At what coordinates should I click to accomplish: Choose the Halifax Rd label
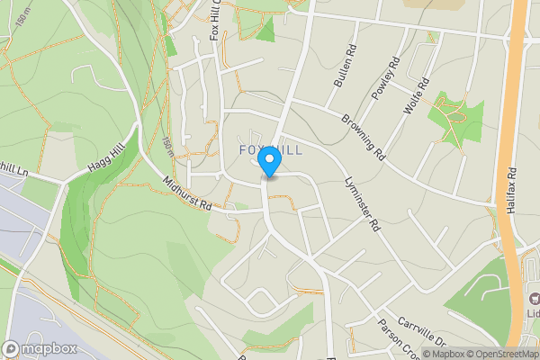(x=511, y=190)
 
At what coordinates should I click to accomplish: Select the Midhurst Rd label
(x=187, y=193)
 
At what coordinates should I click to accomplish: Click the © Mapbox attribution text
(x=444, y=354)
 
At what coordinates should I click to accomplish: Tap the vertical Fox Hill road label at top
(x=214, y=20)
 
